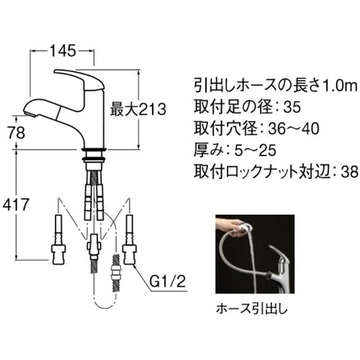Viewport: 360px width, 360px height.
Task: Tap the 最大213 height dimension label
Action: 138,110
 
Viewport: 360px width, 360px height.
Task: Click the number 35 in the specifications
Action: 292,109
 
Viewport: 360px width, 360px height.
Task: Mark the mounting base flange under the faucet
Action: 94,153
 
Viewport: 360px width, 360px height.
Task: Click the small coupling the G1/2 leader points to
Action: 116,277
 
